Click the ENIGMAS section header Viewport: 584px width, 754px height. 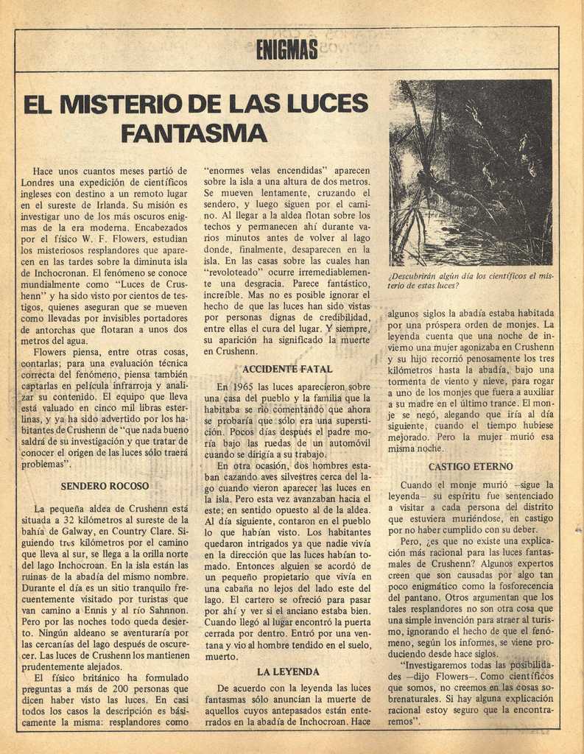(287, 49)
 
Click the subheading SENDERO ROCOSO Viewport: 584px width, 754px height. (105, 486)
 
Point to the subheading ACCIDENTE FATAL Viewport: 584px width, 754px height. (287, 368)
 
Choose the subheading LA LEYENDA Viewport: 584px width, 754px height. (288, 672)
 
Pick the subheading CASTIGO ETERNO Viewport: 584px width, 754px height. (471, 467)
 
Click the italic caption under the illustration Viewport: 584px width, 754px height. (471, 281)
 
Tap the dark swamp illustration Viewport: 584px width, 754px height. (471, 172)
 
